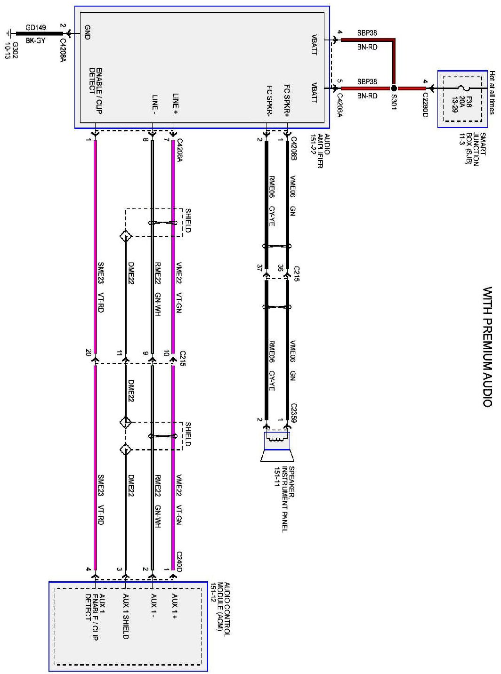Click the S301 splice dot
[394, 88]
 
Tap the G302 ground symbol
[9, 34]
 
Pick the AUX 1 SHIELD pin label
[126, 617]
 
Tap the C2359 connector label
[295, 412]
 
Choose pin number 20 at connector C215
[89, 353]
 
